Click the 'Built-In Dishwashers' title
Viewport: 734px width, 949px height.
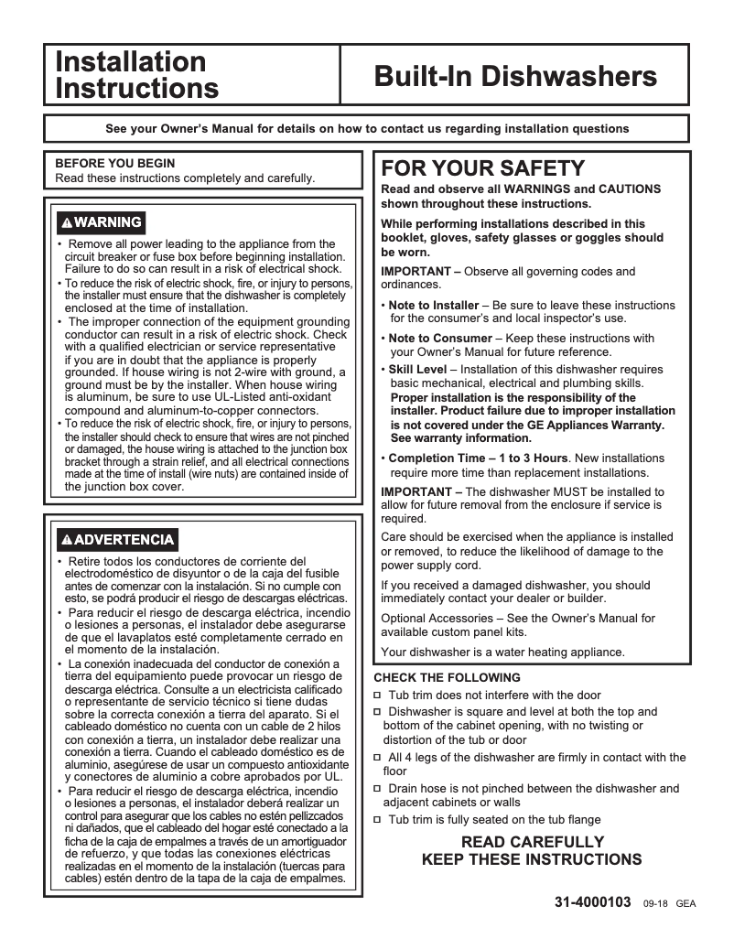pos(515,75)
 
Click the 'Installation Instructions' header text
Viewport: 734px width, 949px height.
pos(137,75)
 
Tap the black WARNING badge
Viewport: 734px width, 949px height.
pos(101,222)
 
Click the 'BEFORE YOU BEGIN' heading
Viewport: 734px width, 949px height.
pos(115,164)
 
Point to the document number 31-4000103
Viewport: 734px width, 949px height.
pos(593,901)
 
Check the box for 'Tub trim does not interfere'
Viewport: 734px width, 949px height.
pos(378,696)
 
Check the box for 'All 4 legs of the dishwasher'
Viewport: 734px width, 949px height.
pos(378,758)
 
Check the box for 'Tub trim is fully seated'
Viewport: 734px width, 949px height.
pos(378,821)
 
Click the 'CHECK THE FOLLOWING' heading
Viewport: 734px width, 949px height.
pos(447,678)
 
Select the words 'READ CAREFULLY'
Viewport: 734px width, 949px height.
pos(532,842)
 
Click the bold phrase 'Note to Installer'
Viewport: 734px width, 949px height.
pos(434,305)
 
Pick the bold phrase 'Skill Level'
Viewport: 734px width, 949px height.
pos(417,370)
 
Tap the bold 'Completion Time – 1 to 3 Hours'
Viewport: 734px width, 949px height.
pos(479,458)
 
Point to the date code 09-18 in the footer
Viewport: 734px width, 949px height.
pos(655,903)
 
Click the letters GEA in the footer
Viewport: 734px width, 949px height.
pos(686,903)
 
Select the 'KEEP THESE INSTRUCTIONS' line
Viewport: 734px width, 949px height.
pos(532,860)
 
